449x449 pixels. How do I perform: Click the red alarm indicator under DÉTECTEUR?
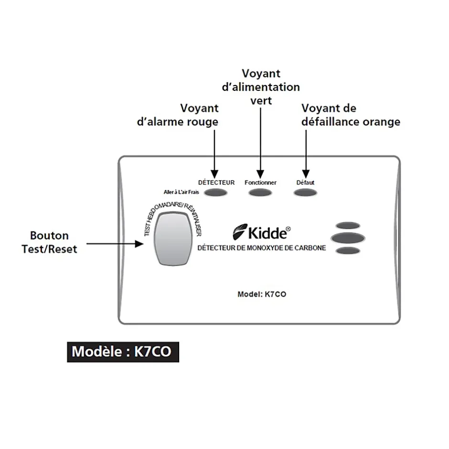[216, 193]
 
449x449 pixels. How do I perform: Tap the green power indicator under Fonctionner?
[260, 193]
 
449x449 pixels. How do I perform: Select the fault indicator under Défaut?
[305, 193]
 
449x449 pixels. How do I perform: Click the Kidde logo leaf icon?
[240, 233]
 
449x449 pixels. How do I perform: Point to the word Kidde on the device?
[268, 234]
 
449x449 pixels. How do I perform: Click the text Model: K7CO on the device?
[262, 294]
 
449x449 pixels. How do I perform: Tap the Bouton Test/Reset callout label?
[49, 242]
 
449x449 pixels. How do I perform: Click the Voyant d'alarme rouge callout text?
[178, 115]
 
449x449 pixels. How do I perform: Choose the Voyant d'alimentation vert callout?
[261, 87]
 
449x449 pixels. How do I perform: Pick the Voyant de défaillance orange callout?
[351, 115]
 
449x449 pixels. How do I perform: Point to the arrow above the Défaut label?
[305, 153]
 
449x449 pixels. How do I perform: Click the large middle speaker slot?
[348, 238]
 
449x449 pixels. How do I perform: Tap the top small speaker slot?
[348, 225]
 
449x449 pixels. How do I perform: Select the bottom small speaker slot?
[348, 251]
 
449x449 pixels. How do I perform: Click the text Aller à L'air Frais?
[182, 192]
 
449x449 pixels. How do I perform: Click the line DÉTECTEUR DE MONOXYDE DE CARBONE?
[261, 248]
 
